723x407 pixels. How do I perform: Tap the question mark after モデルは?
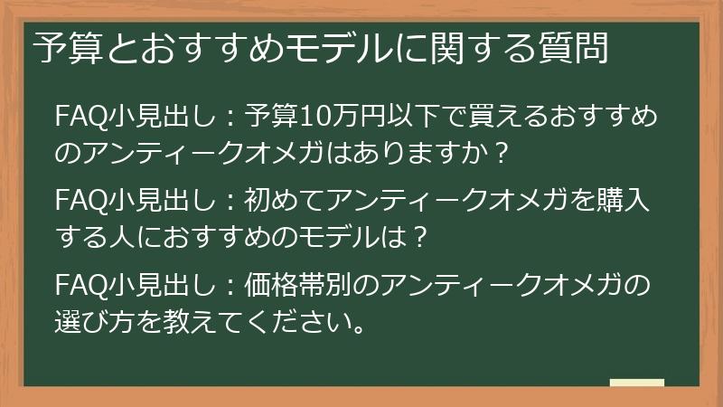click(x=417, y=238)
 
